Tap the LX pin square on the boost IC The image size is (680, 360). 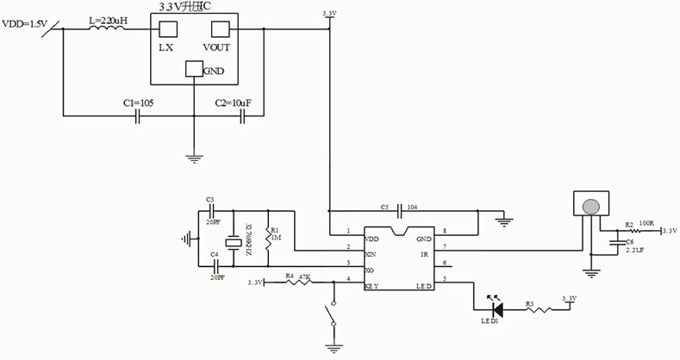pyautogui.click(x=166, y=28)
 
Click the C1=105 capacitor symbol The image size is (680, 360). pyautogui.click(x=138, y=115)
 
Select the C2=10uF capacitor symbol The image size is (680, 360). pyautogui.click(x=243, y=115)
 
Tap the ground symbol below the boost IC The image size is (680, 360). pyautogui.click(x=193, y=156)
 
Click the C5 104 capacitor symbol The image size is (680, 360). pyautogui.click(x=398, y=209)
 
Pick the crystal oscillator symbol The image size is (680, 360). pyautogui.click(x=232, y=244)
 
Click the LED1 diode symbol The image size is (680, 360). pyautogui.click(x=496, y=307)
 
